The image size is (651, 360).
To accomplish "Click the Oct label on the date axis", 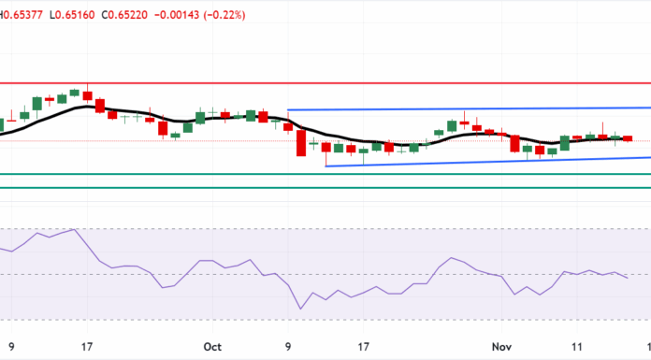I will click(x=211, y=344).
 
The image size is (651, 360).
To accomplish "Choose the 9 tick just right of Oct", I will click(x=288, y=344).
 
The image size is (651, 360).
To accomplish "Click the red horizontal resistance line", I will click(x=374, y=82).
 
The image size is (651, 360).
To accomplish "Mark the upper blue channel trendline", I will click(x=468, y=109).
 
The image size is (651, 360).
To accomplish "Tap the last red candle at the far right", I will click(x=627, y=138).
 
